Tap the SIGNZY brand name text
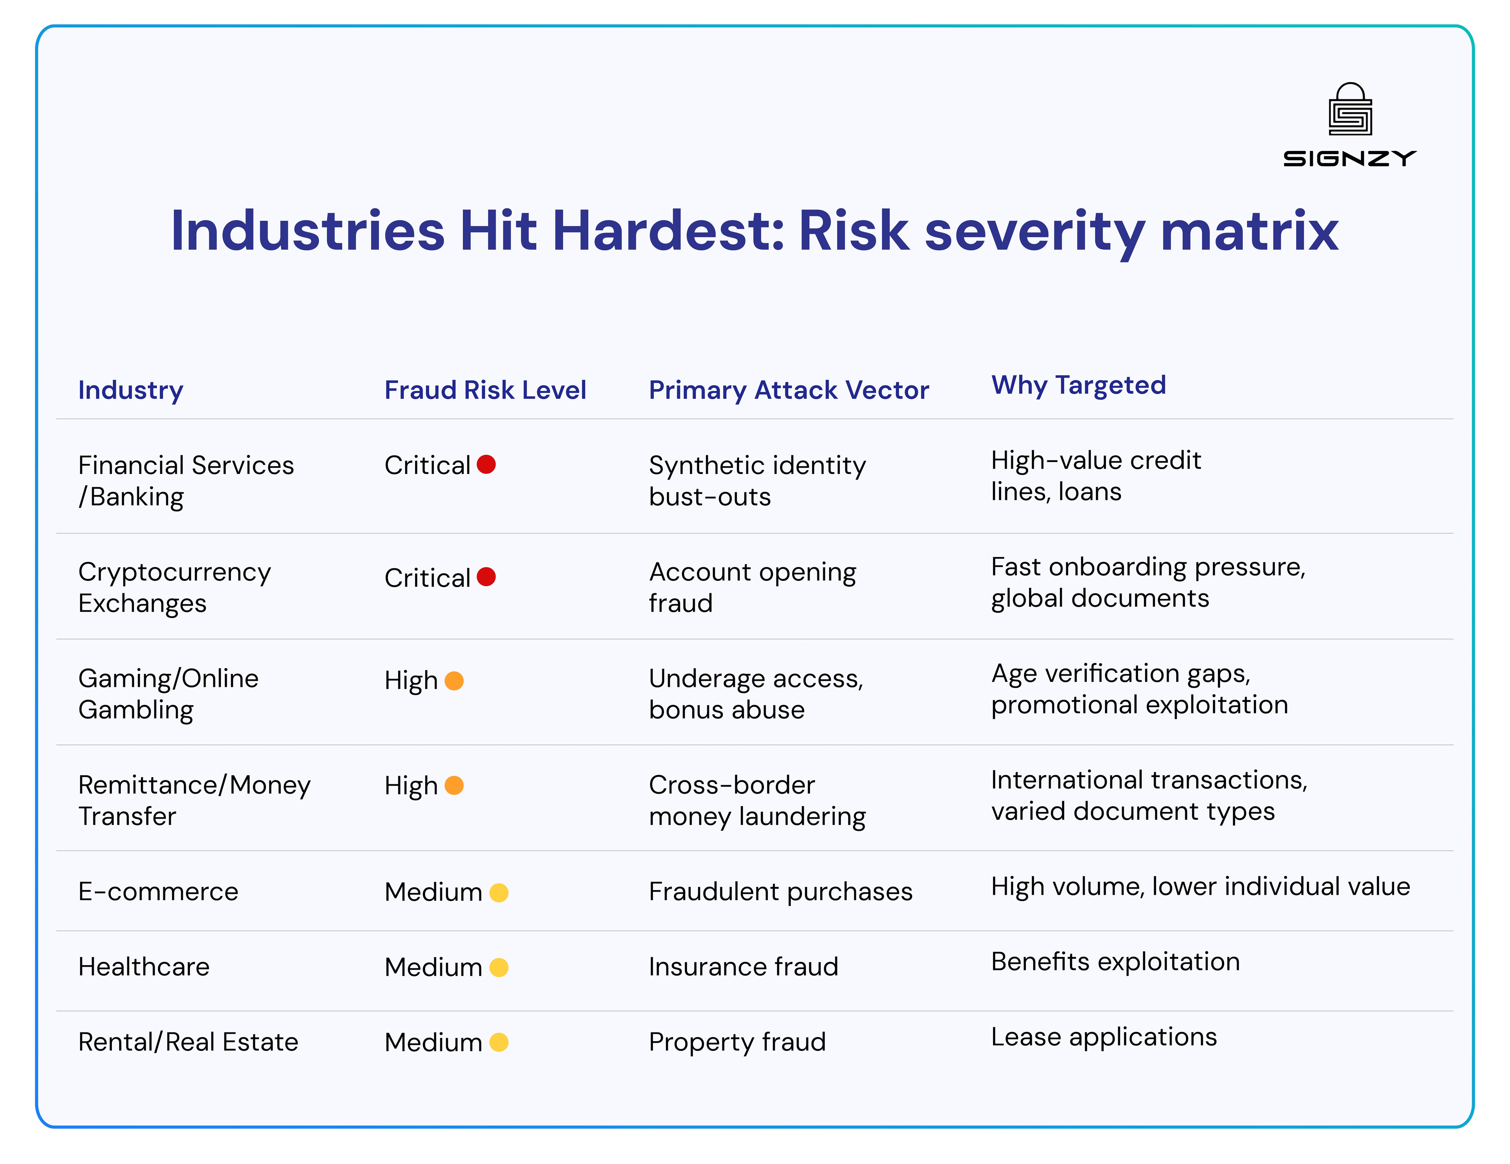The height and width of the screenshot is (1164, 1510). [1350, 159]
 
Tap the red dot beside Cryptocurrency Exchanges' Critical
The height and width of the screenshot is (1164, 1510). [486, 577]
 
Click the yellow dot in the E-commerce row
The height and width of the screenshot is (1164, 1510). [498, 892]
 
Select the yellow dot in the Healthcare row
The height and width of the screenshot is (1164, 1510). [498, 967]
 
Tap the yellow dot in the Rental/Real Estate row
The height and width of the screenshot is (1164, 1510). [498, 1042]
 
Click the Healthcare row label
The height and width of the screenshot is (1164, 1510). [144, 966]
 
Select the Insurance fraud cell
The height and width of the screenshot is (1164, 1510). [743, 966]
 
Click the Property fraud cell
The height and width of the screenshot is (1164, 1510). [737, 1042]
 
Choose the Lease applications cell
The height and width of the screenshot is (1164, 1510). [1103, 1037]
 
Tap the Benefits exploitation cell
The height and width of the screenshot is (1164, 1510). [1114, 961]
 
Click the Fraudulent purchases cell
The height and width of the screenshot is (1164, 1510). [780, 892]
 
